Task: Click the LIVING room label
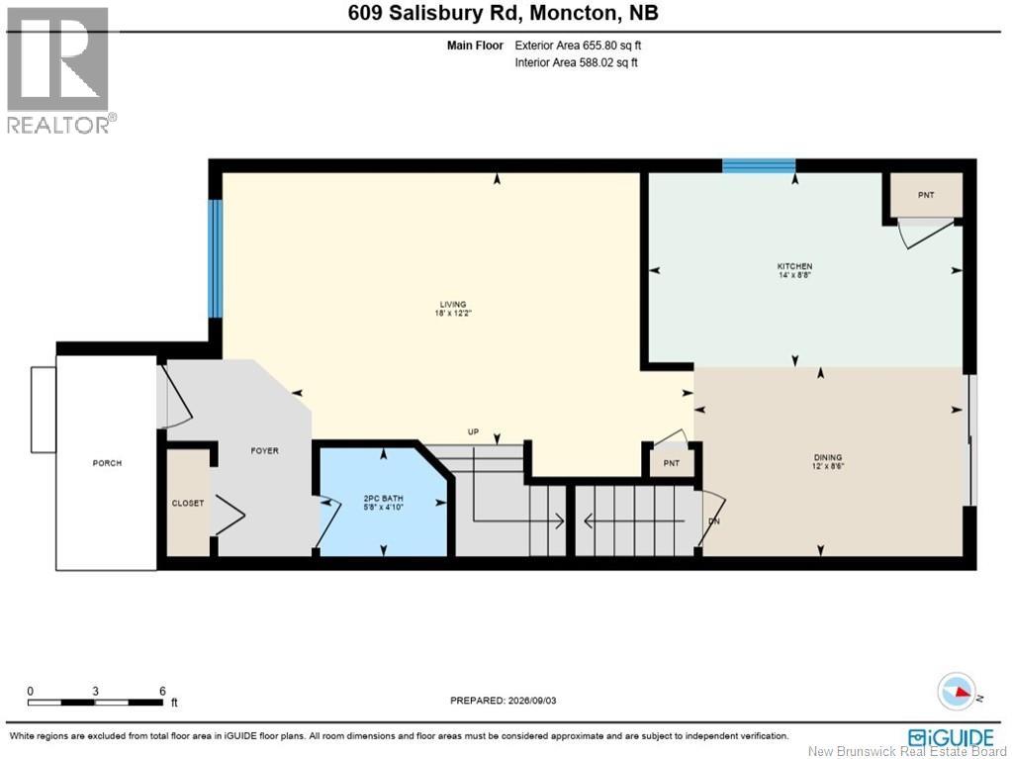[x=453, y=305]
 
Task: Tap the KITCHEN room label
[x=794, y=266]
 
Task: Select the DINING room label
[x=828, y=457]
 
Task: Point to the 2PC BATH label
[x=384, y=499]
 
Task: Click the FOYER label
[x=264, y=450]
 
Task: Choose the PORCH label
[x=107, y=463]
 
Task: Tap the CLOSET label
[x=188, y=503]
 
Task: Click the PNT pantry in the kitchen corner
[x=926, y=195]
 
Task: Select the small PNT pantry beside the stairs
[x=672, y=463]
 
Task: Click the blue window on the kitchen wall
[x=759, y=166]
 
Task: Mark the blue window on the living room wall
[x=216, y=258]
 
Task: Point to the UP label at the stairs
[x=473, y=431]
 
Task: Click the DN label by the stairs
[x=714, y=521]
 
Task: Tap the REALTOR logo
[x=60, y=70]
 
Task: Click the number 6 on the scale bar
[x=162, y=691]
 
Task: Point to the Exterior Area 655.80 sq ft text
[x=578, y=46]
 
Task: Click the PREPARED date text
[x=503, y=701]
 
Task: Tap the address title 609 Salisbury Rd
[x=433, y=13]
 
